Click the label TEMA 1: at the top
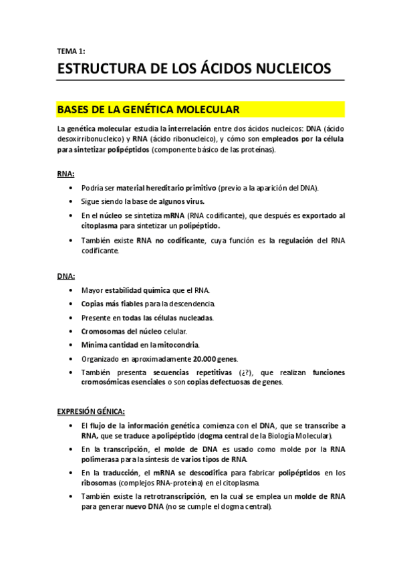click(x=72, y=50)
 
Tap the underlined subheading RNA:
click(x=65, y=173)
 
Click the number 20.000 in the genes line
click(x=204, y=359)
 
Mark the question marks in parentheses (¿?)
click(x=247, y=372)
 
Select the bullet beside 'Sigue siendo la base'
click(x=72, y=201)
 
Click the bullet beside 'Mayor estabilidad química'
click(x=72, y=290)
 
